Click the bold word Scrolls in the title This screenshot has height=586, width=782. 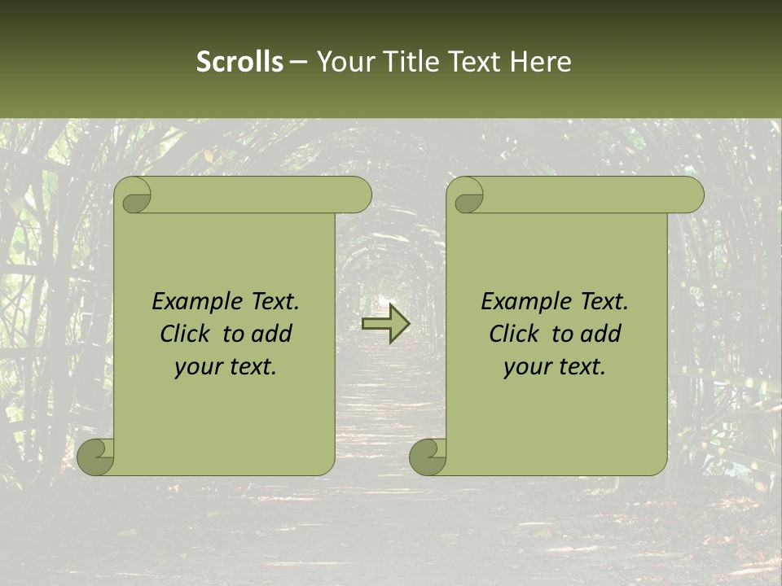[239, 62]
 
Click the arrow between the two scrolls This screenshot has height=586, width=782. [385, 324]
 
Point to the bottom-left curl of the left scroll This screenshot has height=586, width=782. [96, 457]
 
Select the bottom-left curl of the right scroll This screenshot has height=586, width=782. [428, 457]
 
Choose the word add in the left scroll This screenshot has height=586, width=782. [273, 335]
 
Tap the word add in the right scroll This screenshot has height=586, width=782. [602, 335]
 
